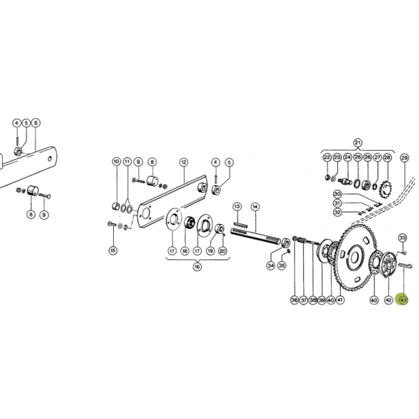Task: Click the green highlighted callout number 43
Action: coord(403,300)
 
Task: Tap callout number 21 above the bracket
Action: coord(358,142)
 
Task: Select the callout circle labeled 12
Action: coord(184,162)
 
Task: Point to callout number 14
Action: coord(256,207)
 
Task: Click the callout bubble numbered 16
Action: coord(197,267)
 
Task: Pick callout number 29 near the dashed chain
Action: coord(404,158)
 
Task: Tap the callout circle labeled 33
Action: coord(403,237)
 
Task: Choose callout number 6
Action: coord(36,123)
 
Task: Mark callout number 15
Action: coord(113,251)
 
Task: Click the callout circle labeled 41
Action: coord(340,300)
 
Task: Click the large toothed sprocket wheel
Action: coord(354,258)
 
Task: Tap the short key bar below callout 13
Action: coord(240,225)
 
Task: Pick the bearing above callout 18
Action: coord(189,222)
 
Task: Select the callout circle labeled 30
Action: coord(337,194)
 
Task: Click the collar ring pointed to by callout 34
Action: coord(286,242)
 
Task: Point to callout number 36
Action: coord(294,300)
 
